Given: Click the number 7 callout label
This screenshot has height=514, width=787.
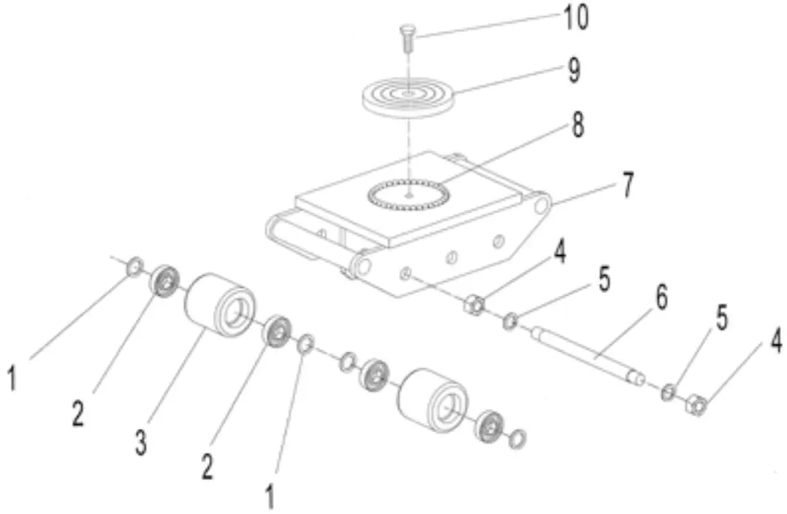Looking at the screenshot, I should [x=627, y=186].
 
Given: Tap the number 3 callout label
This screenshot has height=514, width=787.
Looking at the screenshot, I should [x=140, y=444].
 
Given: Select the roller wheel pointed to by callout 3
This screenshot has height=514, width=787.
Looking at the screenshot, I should [x=219, y=304].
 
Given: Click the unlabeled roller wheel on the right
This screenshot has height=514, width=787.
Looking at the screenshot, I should [x=432, y=399].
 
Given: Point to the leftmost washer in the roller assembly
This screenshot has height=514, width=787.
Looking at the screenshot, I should [x=134, y=266].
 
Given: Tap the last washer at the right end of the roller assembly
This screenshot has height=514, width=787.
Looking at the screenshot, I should [x=518, y=439].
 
